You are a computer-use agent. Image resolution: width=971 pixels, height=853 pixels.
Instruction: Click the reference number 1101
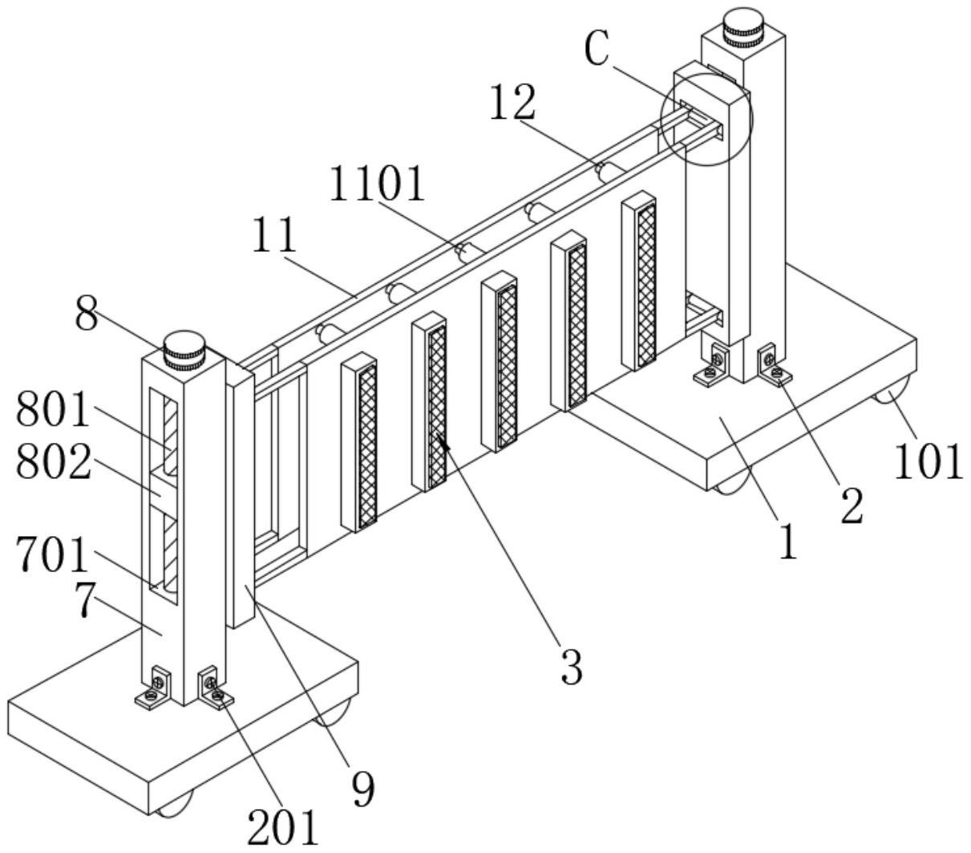click(377, 185)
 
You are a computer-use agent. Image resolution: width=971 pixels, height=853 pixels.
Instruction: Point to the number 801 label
click(54, 411)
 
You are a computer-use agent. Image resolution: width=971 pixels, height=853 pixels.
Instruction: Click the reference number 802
click(54, 464)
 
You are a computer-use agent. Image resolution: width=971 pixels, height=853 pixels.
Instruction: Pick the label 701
click(54, 554)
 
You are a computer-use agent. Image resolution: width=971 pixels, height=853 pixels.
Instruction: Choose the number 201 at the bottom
click(282, 828)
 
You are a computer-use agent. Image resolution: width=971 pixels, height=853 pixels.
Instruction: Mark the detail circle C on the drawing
click(706, 119)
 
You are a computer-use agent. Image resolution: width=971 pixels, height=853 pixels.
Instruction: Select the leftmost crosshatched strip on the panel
click(366, 445)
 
